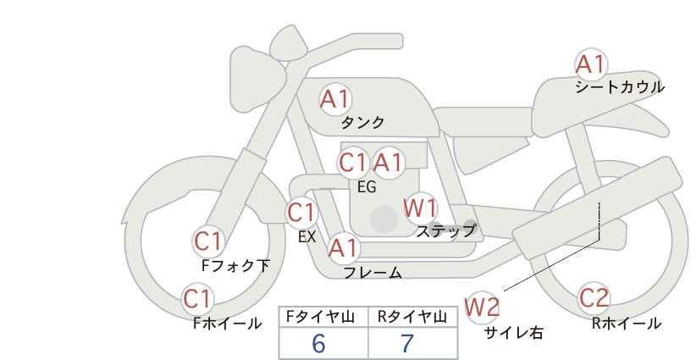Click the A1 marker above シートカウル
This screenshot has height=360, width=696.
590,64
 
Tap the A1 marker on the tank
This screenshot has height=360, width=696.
335,99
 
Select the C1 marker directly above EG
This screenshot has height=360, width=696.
353,163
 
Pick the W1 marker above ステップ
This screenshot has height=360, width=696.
420,208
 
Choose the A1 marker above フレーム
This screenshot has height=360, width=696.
343,248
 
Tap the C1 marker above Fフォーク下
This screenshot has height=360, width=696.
208,242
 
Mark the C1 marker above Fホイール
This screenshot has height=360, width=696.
197,299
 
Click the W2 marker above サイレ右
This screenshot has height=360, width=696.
482,307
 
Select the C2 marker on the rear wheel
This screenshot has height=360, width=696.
594,298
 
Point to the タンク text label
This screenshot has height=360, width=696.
362,123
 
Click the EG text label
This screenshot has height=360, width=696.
367,187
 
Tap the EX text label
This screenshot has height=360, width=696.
307,237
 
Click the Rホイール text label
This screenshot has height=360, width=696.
627,324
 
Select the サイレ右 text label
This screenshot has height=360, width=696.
514,333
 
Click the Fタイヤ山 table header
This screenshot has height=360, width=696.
320,317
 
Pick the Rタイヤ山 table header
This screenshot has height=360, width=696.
412,317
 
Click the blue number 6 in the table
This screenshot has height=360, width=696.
318,343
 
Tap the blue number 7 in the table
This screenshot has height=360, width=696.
407,343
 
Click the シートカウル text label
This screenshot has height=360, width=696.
620,87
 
